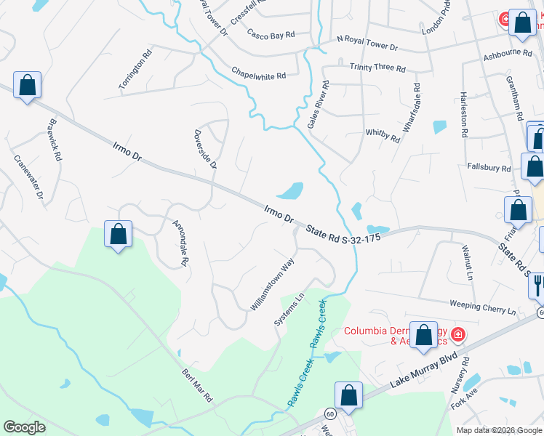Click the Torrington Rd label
point(136,70)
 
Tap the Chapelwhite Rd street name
point(259,74)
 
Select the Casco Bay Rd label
point(271,34)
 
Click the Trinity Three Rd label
point(377,67)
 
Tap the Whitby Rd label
point(383,135)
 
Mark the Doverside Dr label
point(205,149)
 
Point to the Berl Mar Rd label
point(196,385)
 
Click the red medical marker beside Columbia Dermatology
point(458,335)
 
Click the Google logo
point(24,427)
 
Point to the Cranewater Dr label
point(29,176)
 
